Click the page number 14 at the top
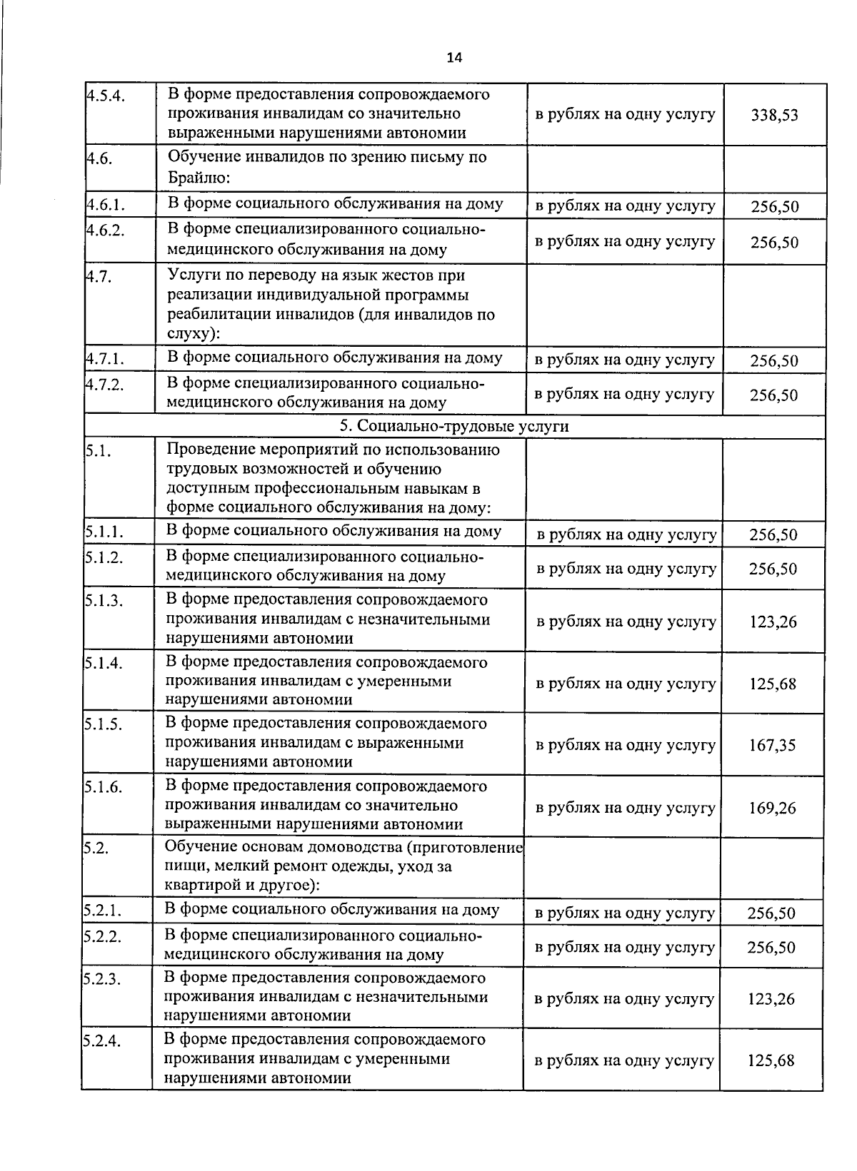(x=454, y=58)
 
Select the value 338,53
(x=775, y=115)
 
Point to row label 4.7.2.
(x=105, y=385)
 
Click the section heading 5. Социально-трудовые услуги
(x=454, y=427)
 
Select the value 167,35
(x=773, y=746)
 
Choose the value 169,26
(x=773, y=808)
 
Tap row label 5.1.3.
(x=104, y=601)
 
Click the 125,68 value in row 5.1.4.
(x=773, y=684)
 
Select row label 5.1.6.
(x=104, y=788)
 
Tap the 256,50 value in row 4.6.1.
(x=775, y=208)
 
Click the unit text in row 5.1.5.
(x=626, y=746)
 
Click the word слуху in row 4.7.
(x=187, y=334)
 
